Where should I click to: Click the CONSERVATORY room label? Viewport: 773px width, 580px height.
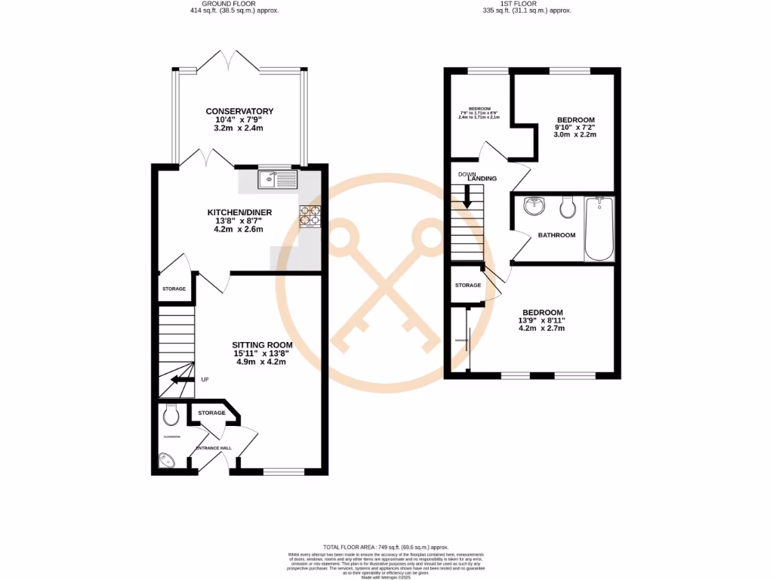[x=239, y=112]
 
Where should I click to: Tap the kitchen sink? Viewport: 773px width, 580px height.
[x=277, y=180]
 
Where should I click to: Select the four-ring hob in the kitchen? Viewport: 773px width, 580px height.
[x=310, y=217]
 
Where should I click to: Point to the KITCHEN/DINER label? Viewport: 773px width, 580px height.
[x=239, y=213]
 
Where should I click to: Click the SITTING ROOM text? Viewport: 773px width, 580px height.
[x=262, y=345]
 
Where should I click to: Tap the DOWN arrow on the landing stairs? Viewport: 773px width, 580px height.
[x=467, y=198]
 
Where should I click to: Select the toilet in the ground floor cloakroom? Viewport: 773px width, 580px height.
[x=171, y=414]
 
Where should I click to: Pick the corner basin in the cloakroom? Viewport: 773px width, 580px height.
[x=166, y=460]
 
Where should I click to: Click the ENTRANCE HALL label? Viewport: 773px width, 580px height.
[x=214, y=449]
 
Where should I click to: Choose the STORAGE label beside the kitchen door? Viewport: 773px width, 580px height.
[x=174, y=289]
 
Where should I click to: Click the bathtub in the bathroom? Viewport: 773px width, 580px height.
[x=600, y=228]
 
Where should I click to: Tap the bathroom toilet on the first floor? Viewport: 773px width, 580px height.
[x=568, y=206]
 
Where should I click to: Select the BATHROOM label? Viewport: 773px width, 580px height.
[x=556, y=236]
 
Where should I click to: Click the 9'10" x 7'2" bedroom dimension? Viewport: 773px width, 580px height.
[x=576, y=128]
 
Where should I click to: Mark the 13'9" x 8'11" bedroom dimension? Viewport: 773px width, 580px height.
[x=543, y=320]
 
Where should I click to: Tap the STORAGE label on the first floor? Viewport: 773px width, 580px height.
[x=468, y=285]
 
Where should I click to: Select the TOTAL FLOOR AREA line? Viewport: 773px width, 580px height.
[x=386, y=548]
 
